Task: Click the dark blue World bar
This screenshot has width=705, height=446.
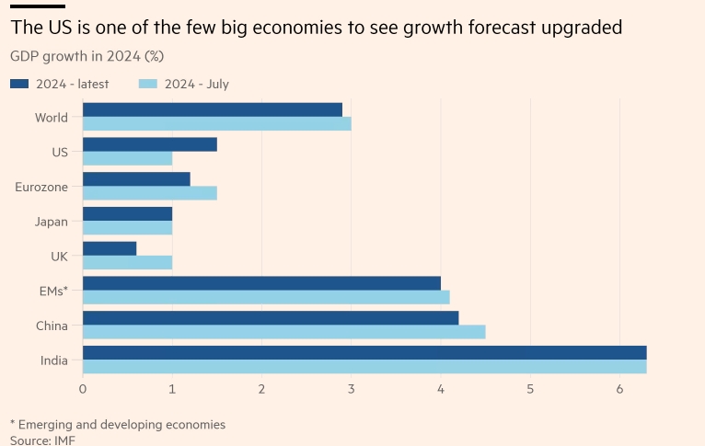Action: tap(213, 109)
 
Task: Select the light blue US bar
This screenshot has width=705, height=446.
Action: tap(128, 158)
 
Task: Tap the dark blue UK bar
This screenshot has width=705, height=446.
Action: tap(110, 248)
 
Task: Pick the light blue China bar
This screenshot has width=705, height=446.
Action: tap(284, 332)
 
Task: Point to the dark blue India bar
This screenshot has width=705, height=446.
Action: tap(364, 352)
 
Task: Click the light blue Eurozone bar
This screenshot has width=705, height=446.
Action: tap(150, 193)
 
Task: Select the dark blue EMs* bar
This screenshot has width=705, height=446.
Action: tap(261, 283)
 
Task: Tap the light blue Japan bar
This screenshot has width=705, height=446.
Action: tap(128, 227)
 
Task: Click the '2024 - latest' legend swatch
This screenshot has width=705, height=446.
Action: tap(20, 84)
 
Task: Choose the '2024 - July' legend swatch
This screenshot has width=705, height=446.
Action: tap(149, 84)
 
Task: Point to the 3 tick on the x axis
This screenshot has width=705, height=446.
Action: tap(351, 389)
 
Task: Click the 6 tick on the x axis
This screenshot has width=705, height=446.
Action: tap(619, 389)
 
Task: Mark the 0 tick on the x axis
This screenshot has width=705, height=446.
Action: tap(83, 389)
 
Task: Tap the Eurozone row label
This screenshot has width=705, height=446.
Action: tap(40, 187)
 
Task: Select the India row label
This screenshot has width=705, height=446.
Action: tap(53, 360)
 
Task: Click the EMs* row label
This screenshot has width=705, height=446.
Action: tap(52, 291)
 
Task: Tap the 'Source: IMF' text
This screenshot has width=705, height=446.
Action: tap(42, 440)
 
